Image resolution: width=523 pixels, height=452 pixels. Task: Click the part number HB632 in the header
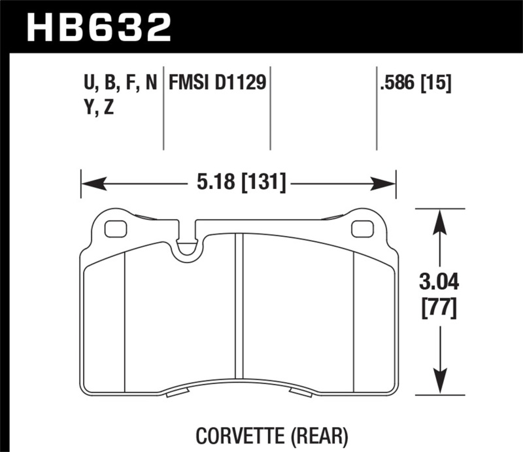[98, 27]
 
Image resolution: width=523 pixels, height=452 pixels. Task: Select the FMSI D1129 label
[217, 84]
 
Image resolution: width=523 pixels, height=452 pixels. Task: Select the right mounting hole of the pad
[360, 229]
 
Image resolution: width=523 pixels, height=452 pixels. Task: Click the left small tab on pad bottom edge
[178, 393]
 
